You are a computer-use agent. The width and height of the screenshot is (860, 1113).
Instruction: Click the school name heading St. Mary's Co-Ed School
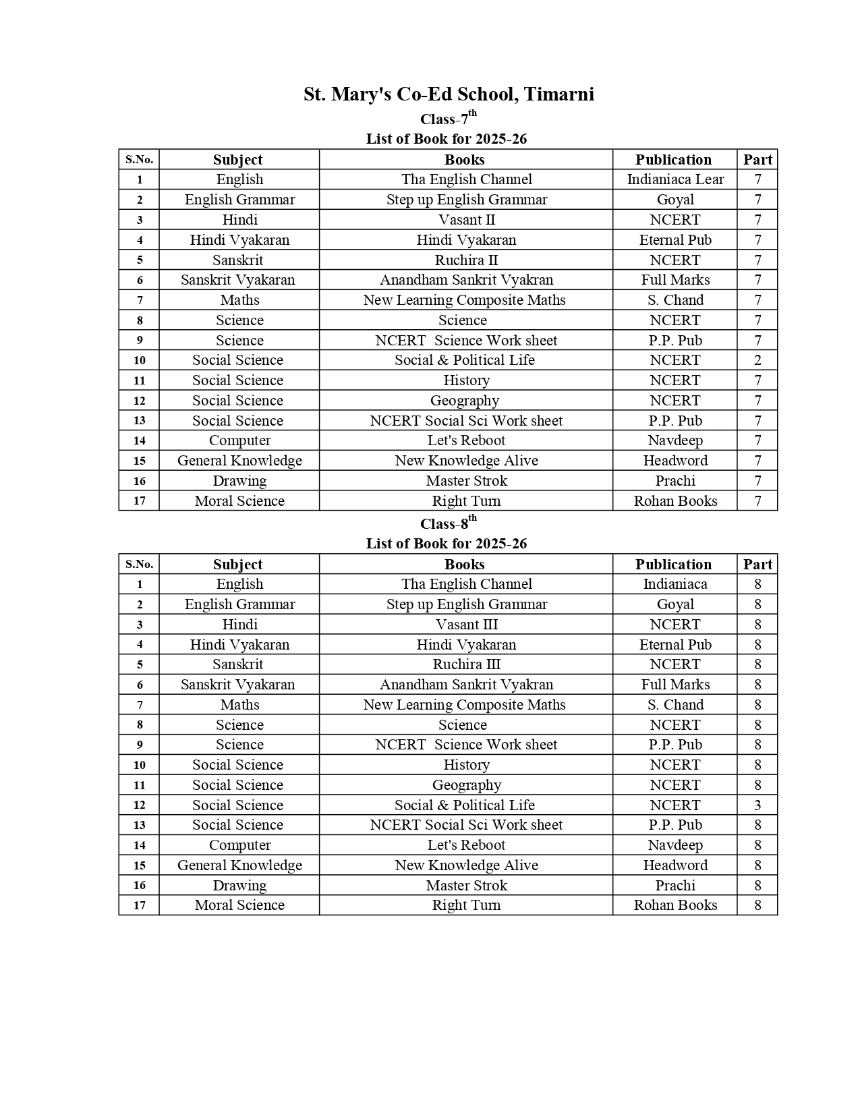point(449,94)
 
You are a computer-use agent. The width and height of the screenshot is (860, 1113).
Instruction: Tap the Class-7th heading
point(448,119)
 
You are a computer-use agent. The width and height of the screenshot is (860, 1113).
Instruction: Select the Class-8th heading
point(448,523)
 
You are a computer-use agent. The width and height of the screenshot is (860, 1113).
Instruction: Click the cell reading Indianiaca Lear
point(675,179)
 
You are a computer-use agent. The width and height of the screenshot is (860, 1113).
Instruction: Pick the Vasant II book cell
point(466,220)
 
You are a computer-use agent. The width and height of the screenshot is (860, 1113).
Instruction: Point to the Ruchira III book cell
point(466,664)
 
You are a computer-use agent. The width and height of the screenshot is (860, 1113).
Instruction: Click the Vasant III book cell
point(466,625)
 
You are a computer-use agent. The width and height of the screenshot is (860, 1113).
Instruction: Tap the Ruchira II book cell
point(466,260)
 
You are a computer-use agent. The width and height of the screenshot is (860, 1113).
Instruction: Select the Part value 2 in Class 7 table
point(757,360)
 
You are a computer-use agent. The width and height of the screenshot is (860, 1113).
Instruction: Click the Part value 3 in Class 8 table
point(757,805)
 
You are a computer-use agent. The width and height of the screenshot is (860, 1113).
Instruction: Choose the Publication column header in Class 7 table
point(673,160)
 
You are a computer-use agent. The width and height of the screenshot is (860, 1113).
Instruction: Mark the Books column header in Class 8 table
point(465,565)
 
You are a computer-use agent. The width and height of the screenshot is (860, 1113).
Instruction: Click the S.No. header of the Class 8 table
point(140,565)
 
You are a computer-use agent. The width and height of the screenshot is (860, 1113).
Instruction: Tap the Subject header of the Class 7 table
point(238,160)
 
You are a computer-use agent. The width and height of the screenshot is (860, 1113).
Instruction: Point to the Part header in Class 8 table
point(757,565)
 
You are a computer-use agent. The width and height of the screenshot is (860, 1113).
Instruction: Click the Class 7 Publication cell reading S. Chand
point(675,300)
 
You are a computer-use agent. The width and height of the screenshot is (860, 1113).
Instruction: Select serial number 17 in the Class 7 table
point(140,501)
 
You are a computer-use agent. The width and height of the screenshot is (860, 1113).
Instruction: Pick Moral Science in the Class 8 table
point(239,905)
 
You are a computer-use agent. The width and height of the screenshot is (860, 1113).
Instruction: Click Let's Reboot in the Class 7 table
point(466,440)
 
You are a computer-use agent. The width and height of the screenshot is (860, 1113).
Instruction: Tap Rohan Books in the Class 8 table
point(675,905)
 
